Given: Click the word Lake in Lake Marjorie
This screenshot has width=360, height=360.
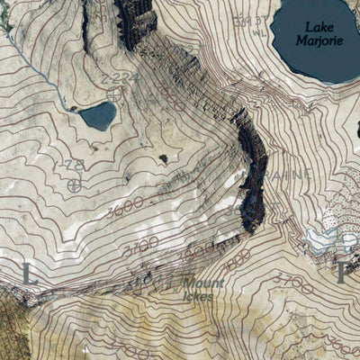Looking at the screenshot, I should pyautogui.click(x=318, y=27).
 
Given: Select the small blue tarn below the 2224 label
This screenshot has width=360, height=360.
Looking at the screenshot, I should pyautogui.click(x=97, y=115).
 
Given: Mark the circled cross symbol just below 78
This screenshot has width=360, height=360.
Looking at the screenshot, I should pyautogui.click(x=74, y=185).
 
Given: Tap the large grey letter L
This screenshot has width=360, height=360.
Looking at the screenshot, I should pyautogui.click(x=29, y=274).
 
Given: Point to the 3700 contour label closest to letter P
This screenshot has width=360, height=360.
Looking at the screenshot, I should pyautogui.click(x=294, y=287).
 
